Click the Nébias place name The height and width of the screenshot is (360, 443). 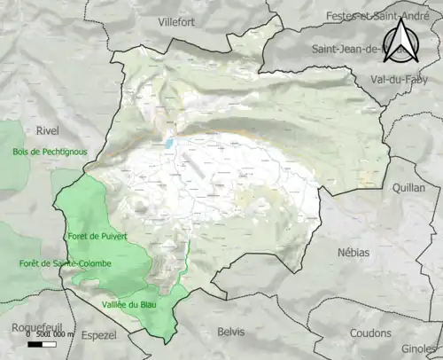click(x=354, y=253)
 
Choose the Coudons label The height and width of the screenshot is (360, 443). click(x=370, y=333)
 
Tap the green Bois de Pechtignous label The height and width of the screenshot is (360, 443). click(x=51, y=152)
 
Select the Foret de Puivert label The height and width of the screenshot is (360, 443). click(x=97, y=236)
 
